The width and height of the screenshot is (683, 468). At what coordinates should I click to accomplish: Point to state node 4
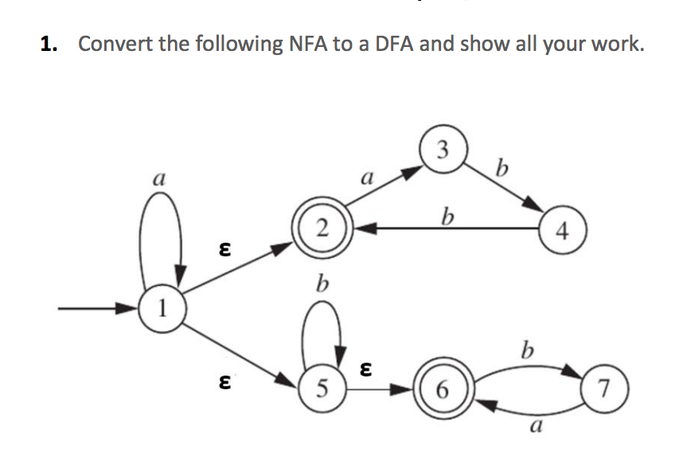pyautogui.click(x=563, y=232)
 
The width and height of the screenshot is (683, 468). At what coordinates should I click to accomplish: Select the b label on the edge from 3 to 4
pyautogui.click(x=500, y=170)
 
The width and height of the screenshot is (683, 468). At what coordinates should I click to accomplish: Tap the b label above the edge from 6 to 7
pyautogui.click(x=525, y=349)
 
